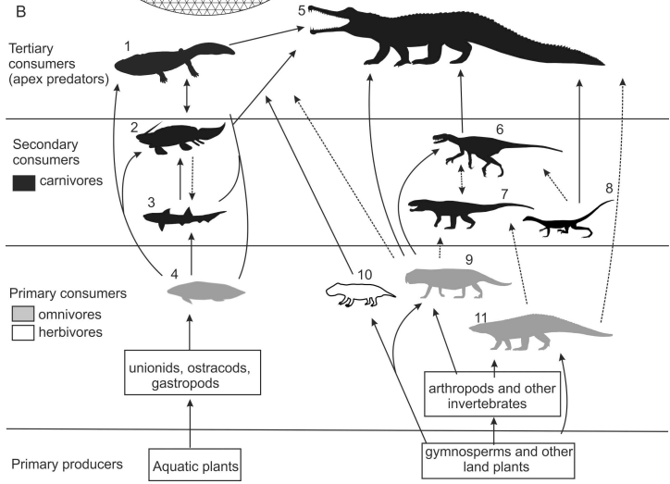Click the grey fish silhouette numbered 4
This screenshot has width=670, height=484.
pos(206,292)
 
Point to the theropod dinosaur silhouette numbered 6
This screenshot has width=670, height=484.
pos(481,148)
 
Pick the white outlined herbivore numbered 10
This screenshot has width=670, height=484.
pos(359,292)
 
